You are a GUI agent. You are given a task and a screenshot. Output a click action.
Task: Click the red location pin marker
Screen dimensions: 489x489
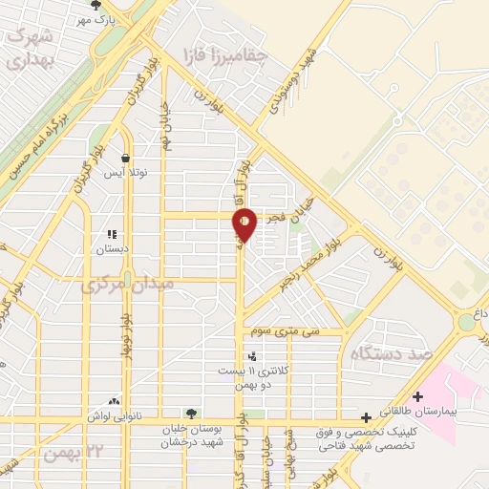245,224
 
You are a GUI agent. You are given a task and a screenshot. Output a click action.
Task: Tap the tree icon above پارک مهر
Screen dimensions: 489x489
93,5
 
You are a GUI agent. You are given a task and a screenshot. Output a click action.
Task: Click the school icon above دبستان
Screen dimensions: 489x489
111,234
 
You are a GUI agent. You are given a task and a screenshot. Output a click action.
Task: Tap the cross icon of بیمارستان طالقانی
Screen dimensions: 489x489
416,396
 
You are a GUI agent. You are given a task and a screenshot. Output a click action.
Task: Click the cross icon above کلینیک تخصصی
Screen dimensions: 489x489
366,417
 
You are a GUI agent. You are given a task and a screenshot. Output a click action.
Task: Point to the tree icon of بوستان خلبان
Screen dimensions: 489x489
192,414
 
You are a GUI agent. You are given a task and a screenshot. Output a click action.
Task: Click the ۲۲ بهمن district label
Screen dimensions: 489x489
73,451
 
